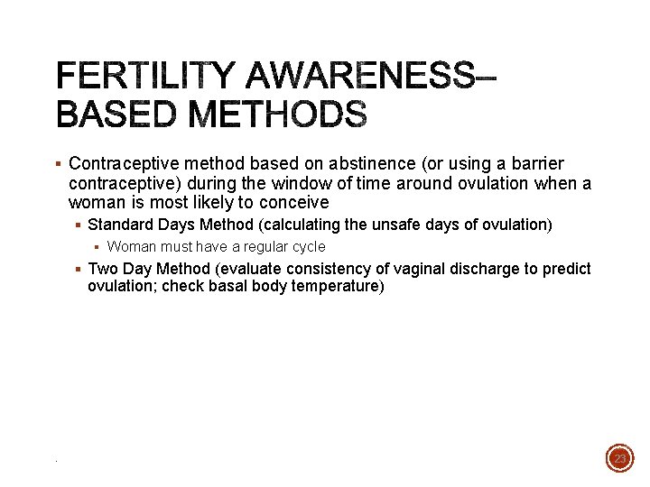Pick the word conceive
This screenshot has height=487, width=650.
coord(296,203)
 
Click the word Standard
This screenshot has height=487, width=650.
coord(120,225)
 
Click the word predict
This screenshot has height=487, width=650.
coord(566,269)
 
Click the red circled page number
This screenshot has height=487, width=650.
coord(619,459)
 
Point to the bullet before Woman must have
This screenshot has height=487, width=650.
coord(96,247)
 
